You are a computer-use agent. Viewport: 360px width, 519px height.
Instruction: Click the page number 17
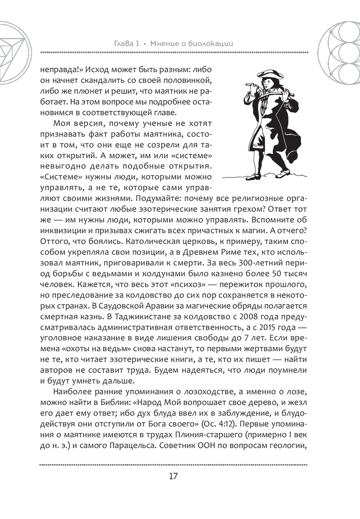173,476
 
